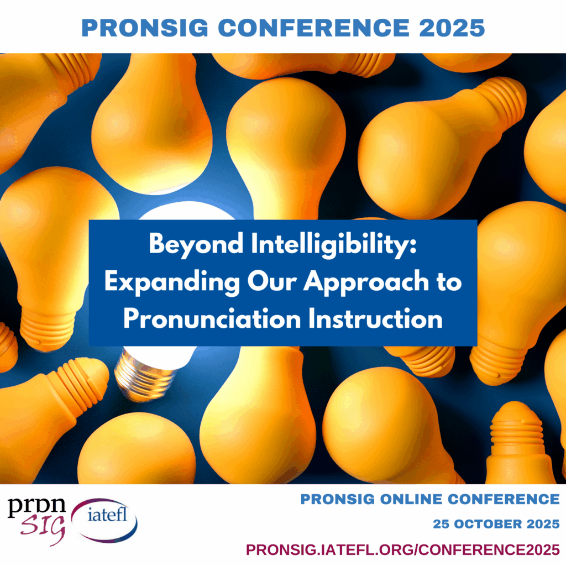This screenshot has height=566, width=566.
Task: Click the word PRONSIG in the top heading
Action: point(145,28)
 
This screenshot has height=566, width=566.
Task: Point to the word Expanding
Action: point(172,282)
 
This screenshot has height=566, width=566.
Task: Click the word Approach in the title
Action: point(366,282)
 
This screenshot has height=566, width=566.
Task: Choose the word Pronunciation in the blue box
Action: point(212,319)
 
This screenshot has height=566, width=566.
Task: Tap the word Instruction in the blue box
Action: point(375,319)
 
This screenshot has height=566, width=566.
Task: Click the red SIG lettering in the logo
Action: point(43,530)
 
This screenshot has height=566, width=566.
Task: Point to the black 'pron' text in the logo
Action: point(37,506)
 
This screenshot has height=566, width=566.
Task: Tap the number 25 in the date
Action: point(442,524)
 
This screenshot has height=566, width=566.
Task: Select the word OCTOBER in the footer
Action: point(488,524)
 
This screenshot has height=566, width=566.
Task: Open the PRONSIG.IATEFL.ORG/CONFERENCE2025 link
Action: point(403,550)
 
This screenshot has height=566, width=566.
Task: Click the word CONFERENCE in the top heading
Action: point(314,28)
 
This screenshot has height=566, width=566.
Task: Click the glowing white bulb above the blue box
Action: point(188,211)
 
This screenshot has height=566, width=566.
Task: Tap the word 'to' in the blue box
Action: point(449,281)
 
